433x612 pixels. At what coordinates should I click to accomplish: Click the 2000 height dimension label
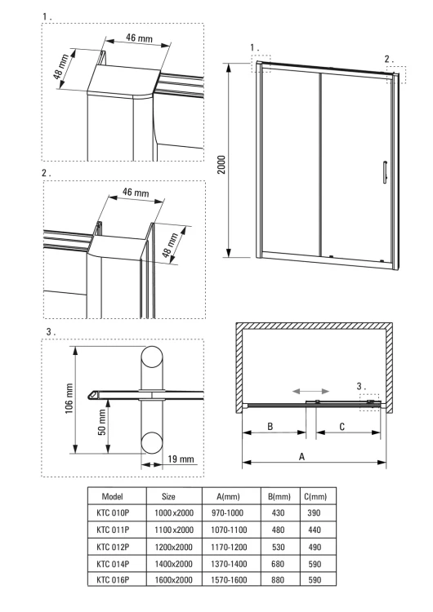point(221,165)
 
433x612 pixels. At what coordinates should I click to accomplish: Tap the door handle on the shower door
point(385,171)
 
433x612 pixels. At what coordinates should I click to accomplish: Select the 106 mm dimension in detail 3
point(69,398)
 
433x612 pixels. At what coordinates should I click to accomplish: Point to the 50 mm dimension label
point(101,423)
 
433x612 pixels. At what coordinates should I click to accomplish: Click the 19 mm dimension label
point(181,459)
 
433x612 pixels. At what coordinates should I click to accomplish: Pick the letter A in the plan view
point(301,456)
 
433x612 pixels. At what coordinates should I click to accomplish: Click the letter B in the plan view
point(270,426)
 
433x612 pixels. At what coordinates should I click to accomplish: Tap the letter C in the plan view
point(342,427)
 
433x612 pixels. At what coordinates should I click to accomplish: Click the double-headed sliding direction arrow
point(311,391)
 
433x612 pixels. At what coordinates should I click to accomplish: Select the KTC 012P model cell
point(113,547)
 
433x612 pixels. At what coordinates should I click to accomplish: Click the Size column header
point(168,496)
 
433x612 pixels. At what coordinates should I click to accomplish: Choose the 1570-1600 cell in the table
point(229,580)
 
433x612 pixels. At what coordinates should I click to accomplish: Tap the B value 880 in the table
point(278,580)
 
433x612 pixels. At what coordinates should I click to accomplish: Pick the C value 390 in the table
point(315,513)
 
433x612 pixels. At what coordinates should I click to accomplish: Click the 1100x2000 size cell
point(174,530)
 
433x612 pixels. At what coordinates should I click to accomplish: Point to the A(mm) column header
point(228,496)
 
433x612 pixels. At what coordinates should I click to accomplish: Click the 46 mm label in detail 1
point(139,38)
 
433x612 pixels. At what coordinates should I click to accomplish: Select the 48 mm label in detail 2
point(171,245)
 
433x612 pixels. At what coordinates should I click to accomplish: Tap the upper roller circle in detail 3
point(152,357)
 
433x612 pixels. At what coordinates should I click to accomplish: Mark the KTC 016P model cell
point(113,580)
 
